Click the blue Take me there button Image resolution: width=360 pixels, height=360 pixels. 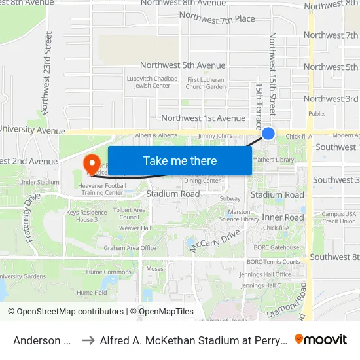(x=180, y=161)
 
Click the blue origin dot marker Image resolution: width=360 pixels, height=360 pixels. (x=268, y=134)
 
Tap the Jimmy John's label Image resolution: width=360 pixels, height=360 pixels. (x=216, y=135)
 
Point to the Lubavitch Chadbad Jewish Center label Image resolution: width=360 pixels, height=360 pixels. (x=147, y=82)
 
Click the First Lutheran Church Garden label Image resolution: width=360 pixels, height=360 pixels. (x=206, y=83)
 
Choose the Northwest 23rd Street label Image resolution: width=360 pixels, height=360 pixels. (x=46, y=80)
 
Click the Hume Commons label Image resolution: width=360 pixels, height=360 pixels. (x=109, y=272)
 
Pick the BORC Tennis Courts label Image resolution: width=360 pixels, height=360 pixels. (x=277, y=262)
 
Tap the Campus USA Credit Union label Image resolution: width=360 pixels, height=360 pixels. (x=338, y=217)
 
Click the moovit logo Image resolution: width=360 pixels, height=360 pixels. (x=320, y=339)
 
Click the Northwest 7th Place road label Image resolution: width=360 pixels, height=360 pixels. (x=217, y=18)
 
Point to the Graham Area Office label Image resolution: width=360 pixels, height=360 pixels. (x=130, y=248)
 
